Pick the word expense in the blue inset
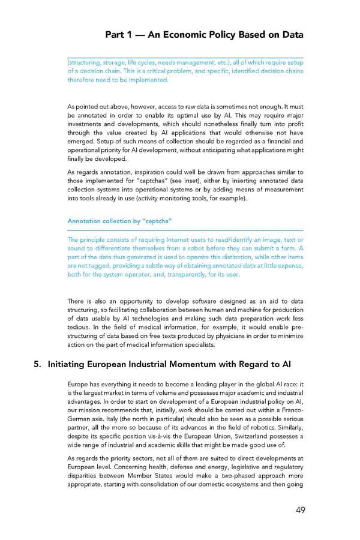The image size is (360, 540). (x=287, y=266)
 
